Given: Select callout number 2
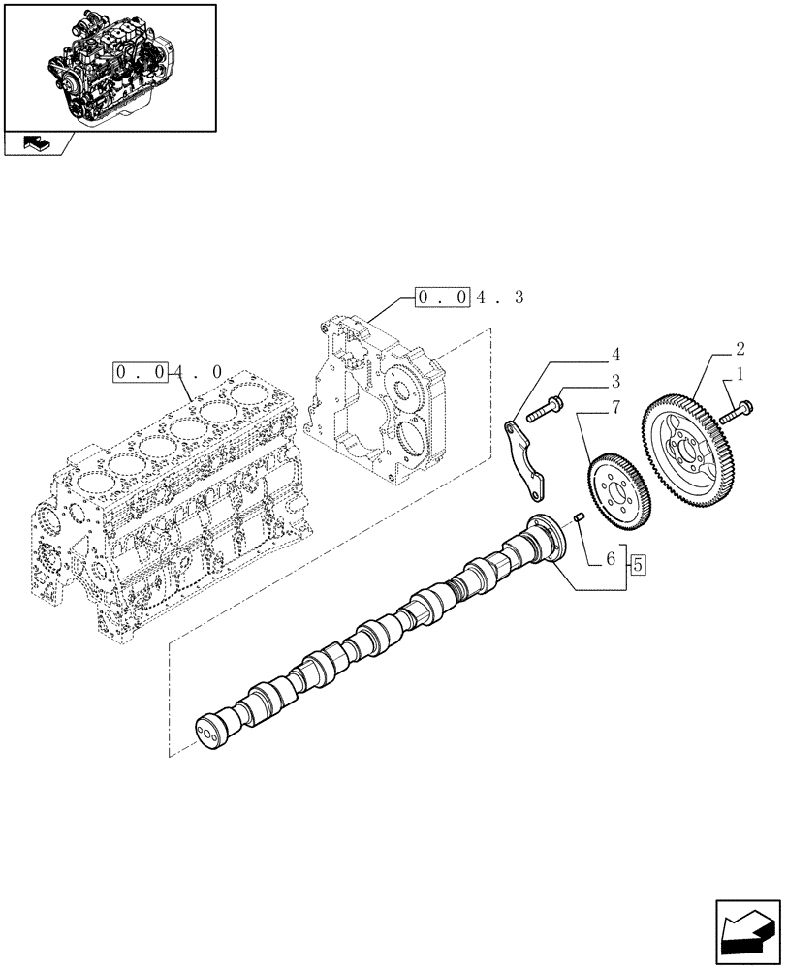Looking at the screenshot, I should (740, 349).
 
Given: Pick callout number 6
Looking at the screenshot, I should (613, 560).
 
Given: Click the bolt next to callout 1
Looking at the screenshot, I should (738, 409).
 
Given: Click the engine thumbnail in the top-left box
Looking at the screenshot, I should (109, 65).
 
